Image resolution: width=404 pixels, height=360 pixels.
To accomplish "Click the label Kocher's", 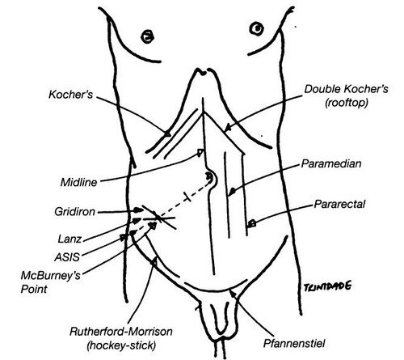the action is [71, 95].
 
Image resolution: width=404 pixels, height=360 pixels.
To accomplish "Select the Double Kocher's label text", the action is [347, 89].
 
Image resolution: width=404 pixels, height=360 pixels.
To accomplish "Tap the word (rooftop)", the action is [347, 103].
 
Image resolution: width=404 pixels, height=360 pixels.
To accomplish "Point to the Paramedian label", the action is [331, 163].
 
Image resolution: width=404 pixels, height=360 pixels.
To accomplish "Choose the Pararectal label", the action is [339, 204].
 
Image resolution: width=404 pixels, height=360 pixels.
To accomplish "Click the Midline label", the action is [78, 182].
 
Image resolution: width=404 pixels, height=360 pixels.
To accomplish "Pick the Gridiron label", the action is [75, 212].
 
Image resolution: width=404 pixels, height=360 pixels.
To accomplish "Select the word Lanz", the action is [69, 239].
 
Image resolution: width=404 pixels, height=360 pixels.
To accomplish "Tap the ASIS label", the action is [67, 257].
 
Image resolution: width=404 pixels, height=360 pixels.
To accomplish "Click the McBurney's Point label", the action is [51, 282].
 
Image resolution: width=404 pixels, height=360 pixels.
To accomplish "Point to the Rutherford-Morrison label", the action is [121, 332].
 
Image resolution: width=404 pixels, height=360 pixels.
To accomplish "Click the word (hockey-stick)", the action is [121, 345].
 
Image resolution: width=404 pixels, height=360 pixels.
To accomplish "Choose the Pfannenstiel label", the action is [294, 344].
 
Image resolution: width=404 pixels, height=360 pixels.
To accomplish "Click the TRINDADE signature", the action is [327, 286].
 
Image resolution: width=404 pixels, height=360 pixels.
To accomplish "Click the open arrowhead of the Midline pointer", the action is [200, 153].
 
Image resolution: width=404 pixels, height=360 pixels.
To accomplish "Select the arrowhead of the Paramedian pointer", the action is [232, 191].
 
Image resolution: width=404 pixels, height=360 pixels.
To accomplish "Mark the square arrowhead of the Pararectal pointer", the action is [252, 223].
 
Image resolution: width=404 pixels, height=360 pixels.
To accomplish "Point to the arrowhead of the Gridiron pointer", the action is [138, 210].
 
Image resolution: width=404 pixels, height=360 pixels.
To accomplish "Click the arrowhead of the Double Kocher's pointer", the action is [228, 127].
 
